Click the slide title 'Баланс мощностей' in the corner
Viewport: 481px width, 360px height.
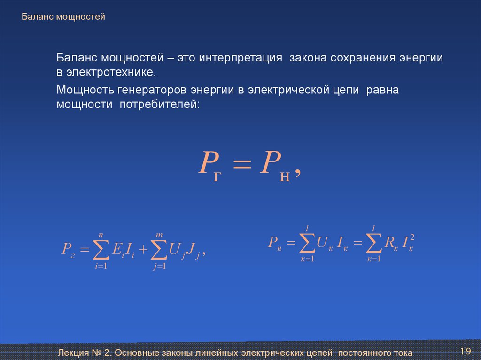(x=63, y=16)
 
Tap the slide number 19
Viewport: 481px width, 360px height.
(x=465, y=351)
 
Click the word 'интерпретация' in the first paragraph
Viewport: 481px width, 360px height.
(x=240, y=58)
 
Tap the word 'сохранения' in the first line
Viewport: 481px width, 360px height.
(x=363, y=58)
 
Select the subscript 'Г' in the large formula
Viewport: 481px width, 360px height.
(x=217, y=176)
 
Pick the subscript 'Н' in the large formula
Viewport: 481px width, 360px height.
(x=285, y=177)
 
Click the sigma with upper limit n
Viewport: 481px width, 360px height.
(x=101, y=249)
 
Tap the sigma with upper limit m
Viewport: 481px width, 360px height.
(x=159, y=249)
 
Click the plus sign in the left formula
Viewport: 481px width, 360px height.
(x=143, y=249)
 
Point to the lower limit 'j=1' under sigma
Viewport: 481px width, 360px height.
(x=160, y=266)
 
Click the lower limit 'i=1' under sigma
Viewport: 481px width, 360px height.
(x=101, y=266)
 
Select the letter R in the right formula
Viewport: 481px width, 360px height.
(x=389, y=242)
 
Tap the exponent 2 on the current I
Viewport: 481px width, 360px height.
(x=412, y=237)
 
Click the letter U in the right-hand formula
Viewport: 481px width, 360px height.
(x=322, y=242)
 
